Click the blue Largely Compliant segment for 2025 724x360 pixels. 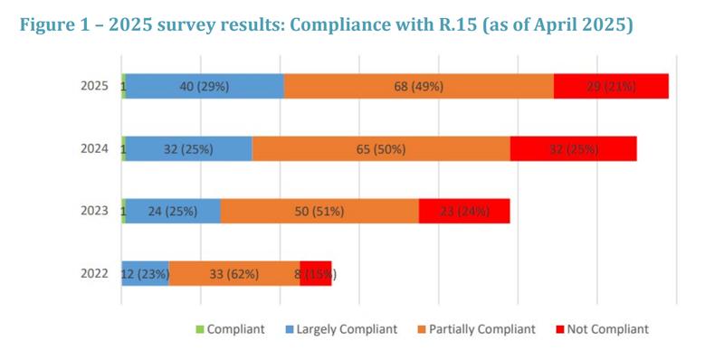tap(205, 87)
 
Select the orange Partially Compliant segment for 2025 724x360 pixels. tap(418, 87)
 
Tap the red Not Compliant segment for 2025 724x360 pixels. tap(611, 87)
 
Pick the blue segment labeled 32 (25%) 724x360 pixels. tap(188, 149)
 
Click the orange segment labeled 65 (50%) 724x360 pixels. tap(381, 149)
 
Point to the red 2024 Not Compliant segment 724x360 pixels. tap(573, 149)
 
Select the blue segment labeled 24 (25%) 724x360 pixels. tap(173, 212)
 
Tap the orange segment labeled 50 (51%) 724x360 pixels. tap(319, 212)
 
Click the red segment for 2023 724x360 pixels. tap(464, 212)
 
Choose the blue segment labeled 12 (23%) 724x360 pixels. tap(146, 274)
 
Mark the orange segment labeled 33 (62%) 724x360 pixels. tap(234, 274)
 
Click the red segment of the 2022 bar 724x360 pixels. tap(316, 274)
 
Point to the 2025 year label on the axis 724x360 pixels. tap(95, 87)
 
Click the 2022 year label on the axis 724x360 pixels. tap(95, 274)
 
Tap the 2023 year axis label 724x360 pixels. tap(95, 212)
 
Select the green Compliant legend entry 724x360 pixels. tap(231, 329)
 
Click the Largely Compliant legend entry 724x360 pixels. tap(342, 329)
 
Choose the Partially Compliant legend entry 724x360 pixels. tap(478, 329)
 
